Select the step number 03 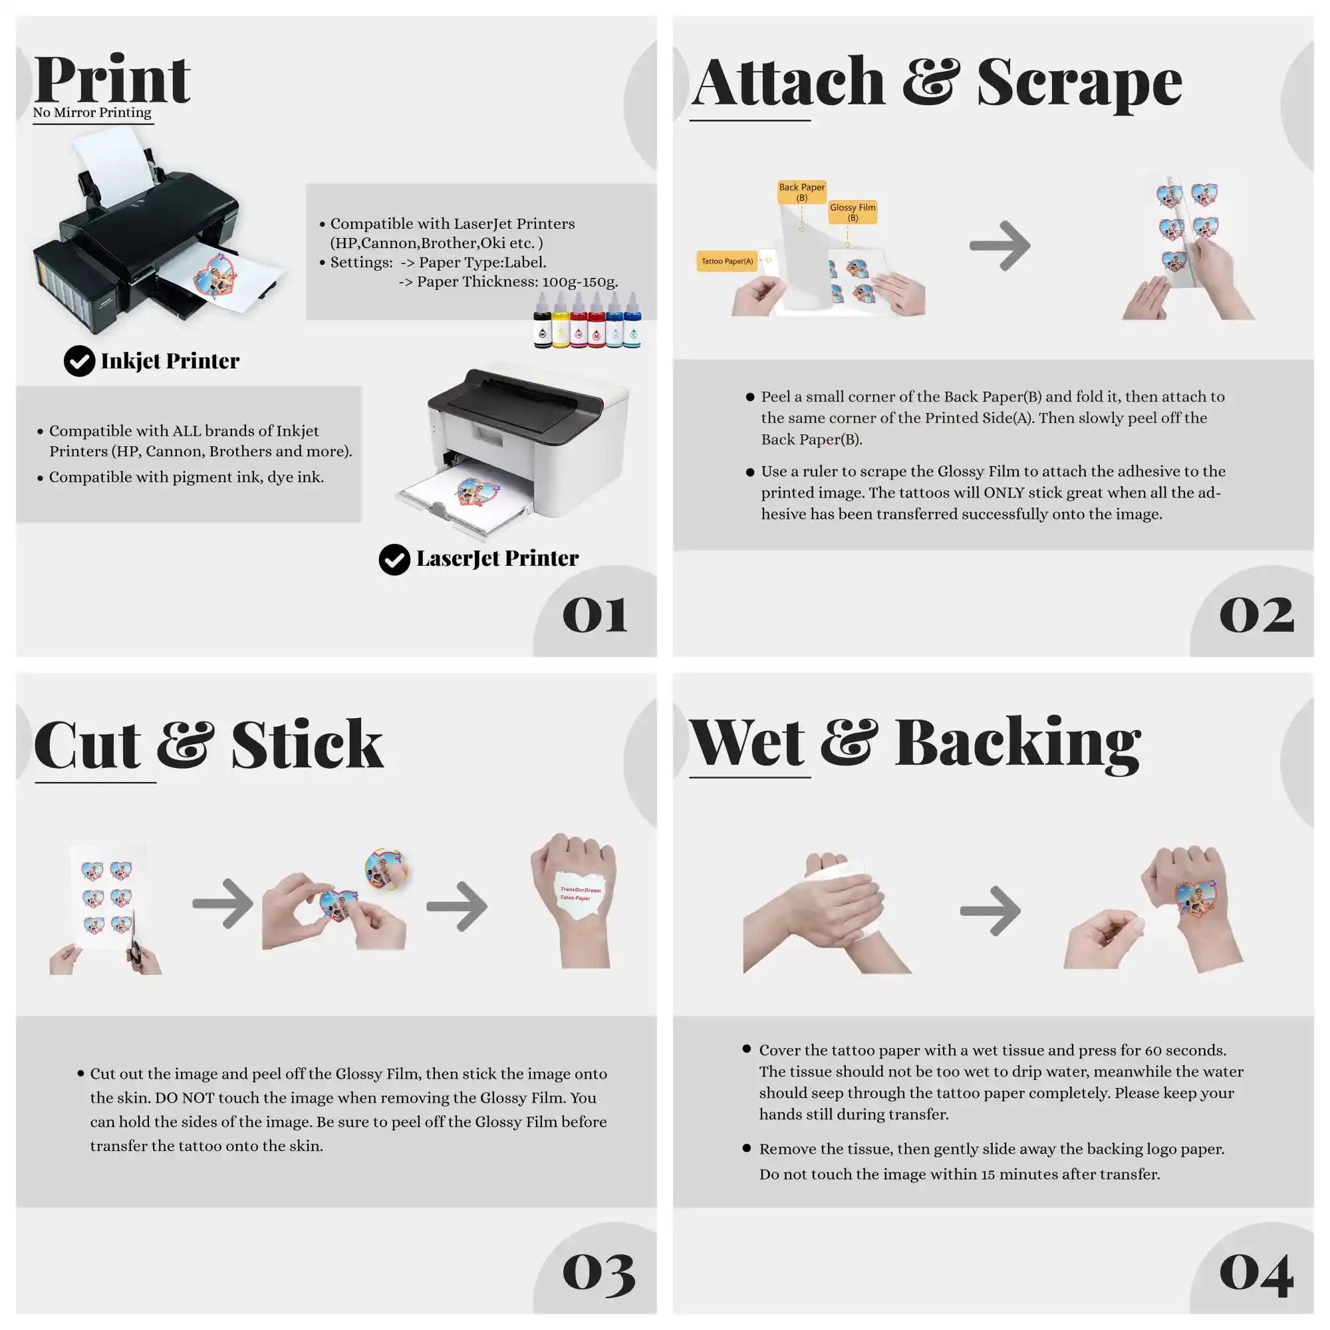(599, 1272)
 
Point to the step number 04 (1256, 1273)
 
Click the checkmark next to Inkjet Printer (79, 360)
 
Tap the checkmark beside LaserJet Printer (394, 559)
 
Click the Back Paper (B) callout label (801, 192)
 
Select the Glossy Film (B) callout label (853, 212)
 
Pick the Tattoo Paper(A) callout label (727, 261)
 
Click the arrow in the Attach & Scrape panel (999, 245)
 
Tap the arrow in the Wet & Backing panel (990, 911)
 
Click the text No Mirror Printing (92, 112)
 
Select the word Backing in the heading (1017, 743)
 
